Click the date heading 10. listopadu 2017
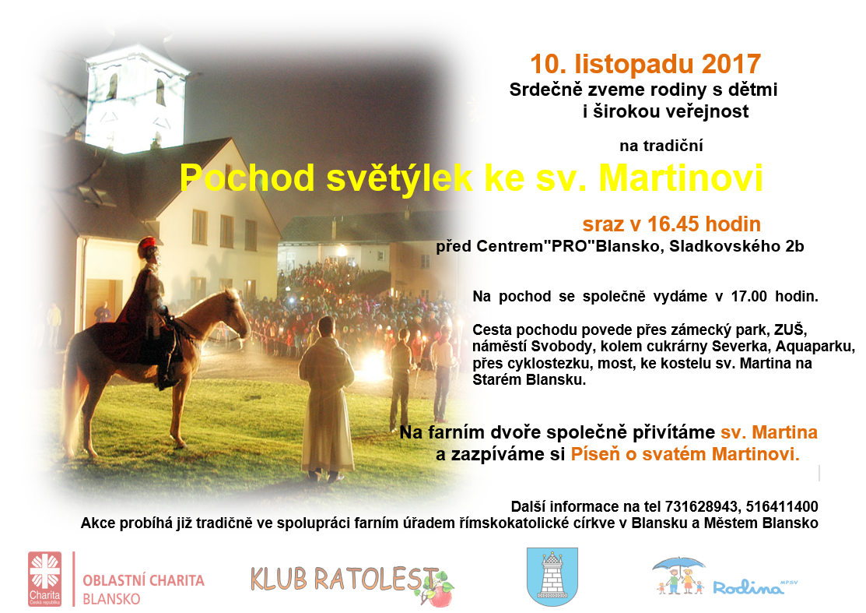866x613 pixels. tap(646, 64)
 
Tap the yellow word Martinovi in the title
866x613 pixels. tap(681, 178)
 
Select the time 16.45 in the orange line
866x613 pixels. tap(674, 224)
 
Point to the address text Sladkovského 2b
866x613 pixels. tap(737, 246)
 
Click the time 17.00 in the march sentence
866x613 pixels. tap(749, 296)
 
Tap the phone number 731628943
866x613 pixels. tap(701, 506)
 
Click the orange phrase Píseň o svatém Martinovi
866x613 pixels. tap(685, 454)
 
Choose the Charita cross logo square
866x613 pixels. tap(44, 578)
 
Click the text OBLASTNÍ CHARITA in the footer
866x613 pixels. tap(144, 580)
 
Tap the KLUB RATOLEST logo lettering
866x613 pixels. tap(342, 579)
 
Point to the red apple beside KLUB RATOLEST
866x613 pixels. tap(440, 596)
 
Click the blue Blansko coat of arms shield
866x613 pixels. tap(552, 576)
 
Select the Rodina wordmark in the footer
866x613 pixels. tap(749, 587)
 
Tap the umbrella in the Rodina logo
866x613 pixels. tap(678, 565)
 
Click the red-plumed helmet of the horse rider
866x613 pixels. tap(148, 243)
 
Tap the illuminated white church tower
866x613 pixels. tap(136, 100)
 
